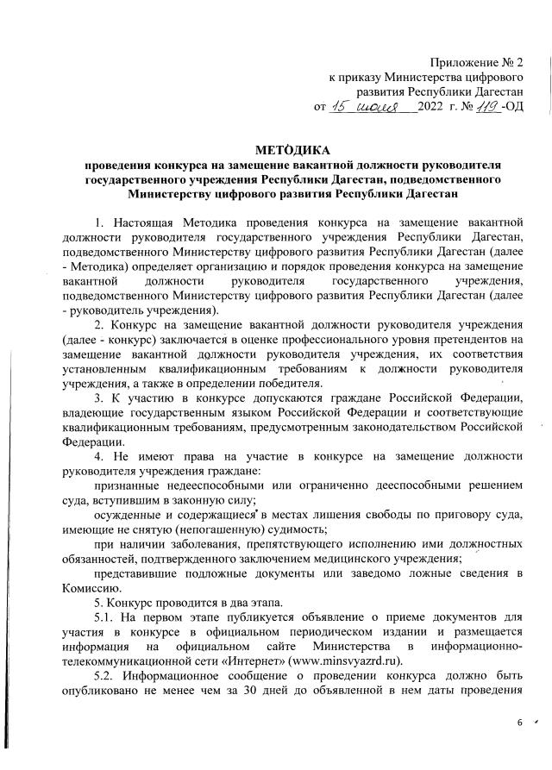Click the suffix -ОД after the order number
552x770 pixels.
[510, 108]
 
